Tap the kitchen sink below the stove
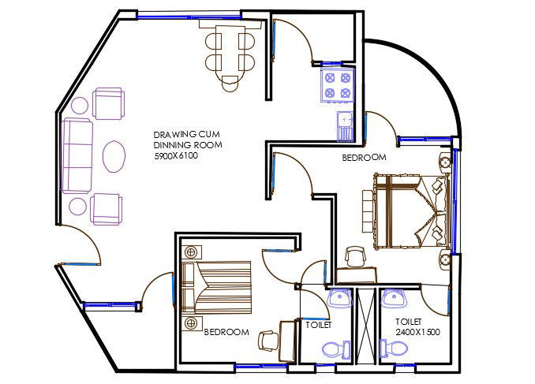pyautogui.click(x=345, y=126)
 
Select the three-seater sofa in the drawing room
pyautogui.click(x=77, y=156)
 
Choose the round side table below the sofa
pyautogui.click(x=78, y=207)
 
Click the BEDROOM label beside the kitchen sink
pyautogui.click(x=364, y=158)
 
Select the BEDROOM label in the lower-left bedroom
pyautogui.click(x=226, y=333)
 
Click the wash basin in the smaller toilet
pyautogui.click(x=340, y=299)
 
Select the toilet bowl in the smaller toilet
pyautogui.click(x=332, y=349)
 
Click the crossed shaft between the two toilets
pyautogui.click(x=366, y=326)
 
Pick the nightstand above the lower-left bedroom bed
pyautogui.click(x=190, y=252)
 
